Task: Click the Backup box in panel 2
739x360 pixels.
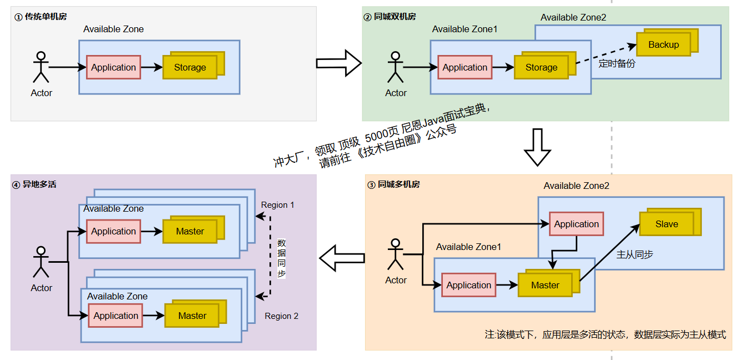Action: (663, 44)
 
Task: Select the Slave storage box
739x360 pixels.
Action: (666, 224)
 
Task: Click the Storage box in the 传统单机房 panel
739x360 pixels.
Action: (190, 67)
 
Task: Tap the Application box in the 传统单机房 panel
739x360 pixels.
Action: (113, 67)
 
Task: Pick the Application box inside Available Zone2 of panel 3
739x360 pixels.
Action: (576, 224)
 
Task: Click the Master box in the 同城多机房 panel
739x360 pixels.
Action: (545, 285)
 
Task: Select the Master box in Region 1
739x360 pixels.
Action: (190, 231)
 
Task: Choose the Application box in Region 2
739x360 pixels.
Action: (116, 316)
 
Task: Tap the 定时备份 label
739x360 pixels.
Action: (617, 63)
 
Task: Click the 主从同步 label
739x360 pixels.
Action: (635, 254)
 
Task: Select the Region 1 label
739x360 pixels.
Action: (278, 205)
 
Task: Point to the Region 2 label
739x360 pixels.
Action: (281, 316)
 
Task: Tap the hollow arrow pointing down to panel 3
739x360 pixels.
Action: (537, 148)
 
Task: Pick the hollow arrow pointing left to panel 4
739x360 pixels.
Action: (342, 258)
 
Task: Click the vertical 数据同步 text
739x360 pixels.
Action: (281, 258)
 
